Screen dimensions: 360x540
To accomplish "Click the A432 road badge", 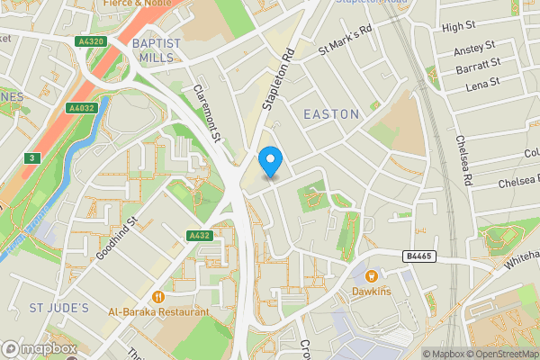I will (x=199, y=235).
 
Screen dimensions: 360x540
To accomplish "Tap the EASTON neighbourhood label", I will (x=331, y=114).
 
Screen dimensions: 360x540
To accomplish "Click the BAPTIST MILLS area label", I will (x=157, y=49).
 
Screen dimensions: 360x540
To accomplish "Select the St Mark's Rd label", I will (x=346, y=42).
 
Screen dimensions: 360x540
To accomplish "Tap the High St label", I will (x=458, y=28).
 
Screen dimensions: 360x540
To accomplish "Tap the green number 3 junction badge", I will (x=31, y=158).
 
